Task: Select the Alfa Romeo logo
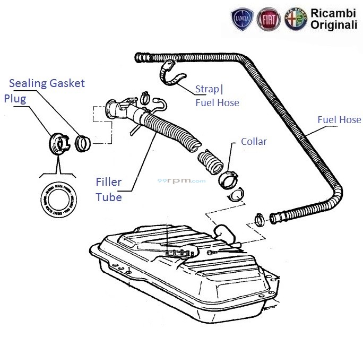tap(296, 20)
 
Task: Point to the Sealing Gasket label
tap(47, 83)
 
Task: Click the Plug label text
tap(15, 99)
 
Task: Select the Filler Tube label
tap(109, 189)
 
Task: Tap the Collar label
tap(254, 142)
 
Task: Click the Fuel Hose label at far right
tap(339, 120)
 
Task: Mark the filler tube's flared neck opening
tap(113, 109)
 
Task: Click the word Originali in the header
tap(334, 25)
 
